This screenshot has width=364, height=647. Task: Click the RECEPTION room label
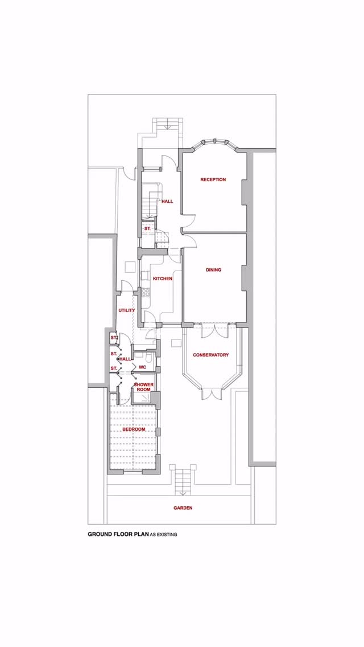[213, 179]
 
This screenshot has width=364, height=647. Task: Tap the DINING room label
[213, 270]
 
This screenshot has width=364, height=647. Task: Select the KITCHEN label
[163, 279]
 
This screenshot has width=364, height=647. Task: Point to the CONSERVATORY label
[210, 355]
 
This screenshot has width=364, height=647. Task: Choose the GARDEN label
[183, 507]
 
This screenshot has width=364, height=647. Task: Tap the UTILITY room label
[126, 310]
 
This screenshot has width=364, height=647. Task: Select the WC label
[143, 367]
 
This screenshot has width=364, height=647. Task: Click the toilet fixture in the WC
[149, 358]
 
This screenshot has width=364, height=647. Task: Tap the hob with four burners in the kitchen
[145, 293]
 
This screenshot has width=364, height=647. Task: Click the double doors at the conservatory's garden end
[210, 394]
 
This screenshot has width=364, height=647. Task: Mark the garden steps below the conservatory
[183, 481]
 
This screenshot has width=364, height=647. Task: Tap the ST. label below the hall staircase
[147, 228]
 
